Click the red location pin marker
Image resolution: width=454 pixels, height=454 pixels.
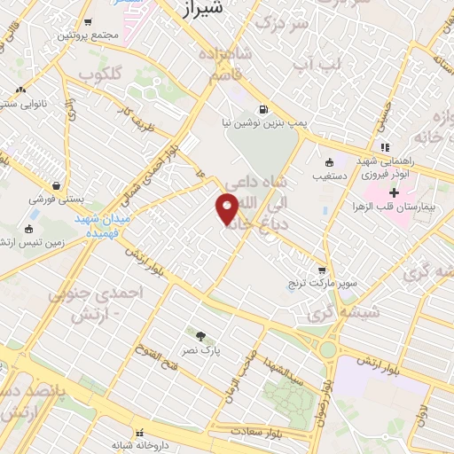(x=227, y=208)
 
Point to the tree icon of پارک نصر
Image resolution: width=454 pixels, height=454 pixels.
(x=201, y=336)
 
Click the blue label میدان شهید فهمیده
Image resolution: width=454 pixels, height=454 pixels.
(x=102, y=225)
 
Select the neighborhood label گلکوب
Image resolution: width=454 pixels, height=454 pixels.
(x=100, y=73)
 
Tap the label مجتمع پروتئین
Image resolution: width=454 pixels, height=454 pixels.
(x=87, y=35)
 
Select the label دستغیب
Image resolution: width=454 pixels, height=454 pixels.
(x=329, y=176)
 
